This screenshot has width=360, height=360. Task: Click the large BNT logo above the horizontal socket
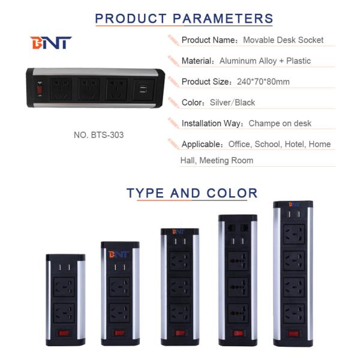pyautogui.click(x=51, y=43)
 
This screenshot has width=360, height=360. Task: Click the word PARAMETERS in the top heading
pyautogui.click(x=223, y=18)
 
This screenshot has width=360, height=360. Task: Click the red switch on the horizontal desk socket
pyautogui.click(x=40, y=92)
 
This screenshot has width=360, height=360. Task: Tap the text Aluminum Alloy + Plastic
pyautogui.click(x=265, y=61)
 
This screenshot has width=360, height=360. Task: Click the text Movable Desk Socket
pyautogui.click(x=283, y=40)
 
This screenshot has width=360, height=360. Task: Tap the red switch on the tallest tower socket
pyautogui.click(x=293, y=334)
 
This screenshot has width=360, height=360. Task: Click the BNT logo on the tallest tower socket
pyautogui.click(x=293, y=205)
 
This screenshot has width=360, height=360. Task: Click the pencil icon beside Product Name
pyautogui.click(x=173, y=40)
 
